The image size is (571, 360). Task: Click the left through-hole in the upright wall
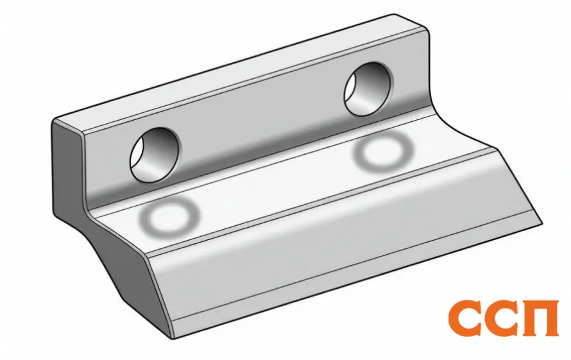(x=155, y=155)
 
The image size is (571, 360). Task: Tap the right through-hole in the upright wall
(x=368, y=89)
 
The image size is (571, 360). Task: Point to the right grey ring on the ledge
(x=383, y=151)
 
